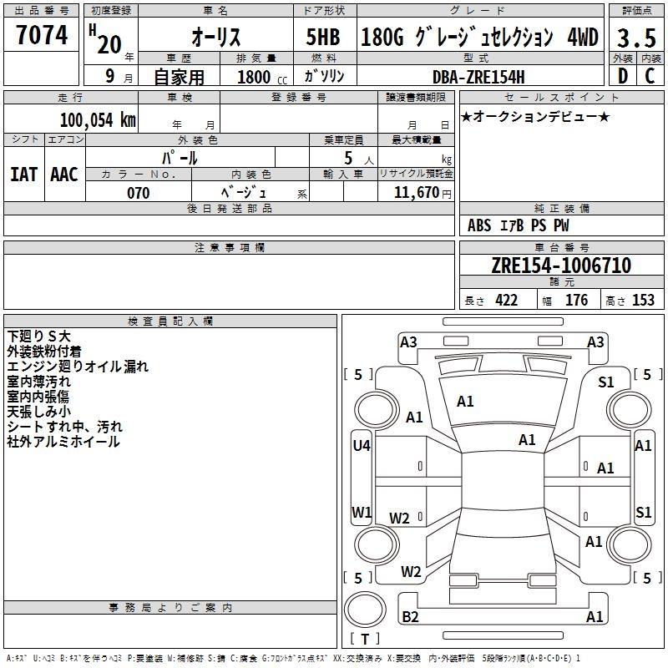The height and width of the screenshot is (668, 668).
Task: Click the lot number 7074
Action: click(42, 35)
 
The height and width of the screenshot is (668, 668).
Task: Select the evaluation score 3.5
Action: click(635, 37)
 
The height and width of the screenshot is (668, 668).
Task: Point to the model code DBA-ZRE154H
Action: click(478, 77)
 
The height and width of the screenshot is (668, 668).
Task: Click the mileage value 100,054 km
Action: click(98, 119)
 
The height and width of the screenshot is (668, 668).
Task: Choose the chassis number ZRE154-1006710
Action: click(561, 266)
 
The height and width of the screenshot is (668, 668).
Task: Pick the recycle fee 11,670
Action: click(416, 193)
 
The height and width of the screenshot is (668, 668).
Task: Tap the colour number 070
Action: click(138, 193)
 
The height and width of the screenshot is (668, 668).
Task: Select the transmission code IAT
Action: click(23, 174)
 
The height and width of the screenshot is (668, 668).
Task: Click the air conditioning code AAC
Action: click(64, 174)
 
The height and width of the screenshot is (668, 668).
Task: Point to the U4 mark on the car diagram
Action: click(361, 446)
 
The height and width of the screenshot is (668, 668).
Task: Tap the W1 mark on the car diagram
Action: click(361, 512)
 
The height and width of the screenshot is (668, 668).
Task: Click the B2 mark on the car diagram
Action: click(410, 617)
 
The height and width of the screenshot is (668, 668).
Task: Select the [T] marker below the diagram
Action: click(364, 640)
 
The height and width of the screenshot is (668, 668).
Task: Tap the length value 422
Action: click(506, 301)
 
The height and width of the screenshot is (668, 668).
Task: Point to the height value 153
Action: click(643, 301)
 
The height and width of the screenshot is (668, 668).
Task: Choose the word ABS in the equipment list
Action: click(479, 225)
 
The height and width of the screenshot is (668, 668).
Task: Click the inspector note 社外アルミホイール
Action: click(63, 443)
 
